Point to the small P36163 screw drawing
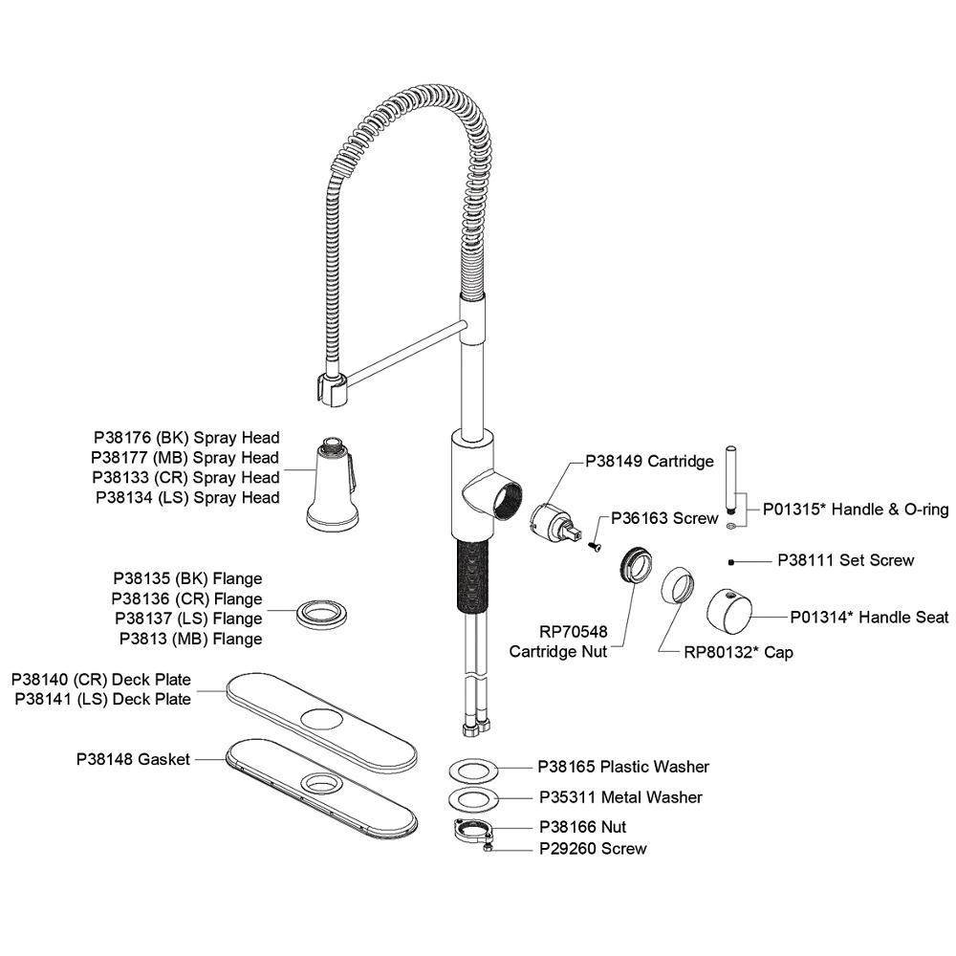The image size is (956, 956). click(594, 545)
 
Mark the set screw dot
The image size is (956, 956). click(730, 561)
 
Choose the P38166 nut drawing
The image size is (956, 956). click(473, 829)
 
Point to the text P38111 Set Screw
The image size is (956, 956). click(845, 560)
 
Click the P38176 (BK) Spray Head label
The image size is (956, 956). click(185, 438)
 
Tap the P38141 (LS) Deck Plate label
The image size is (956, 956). click(103, 699)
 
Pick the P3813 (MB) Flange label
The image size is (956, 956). click(190, 639)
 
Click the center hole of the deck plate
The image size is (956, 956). click(321, 718)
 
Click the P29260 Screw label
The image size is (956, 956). click(593, 848)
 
